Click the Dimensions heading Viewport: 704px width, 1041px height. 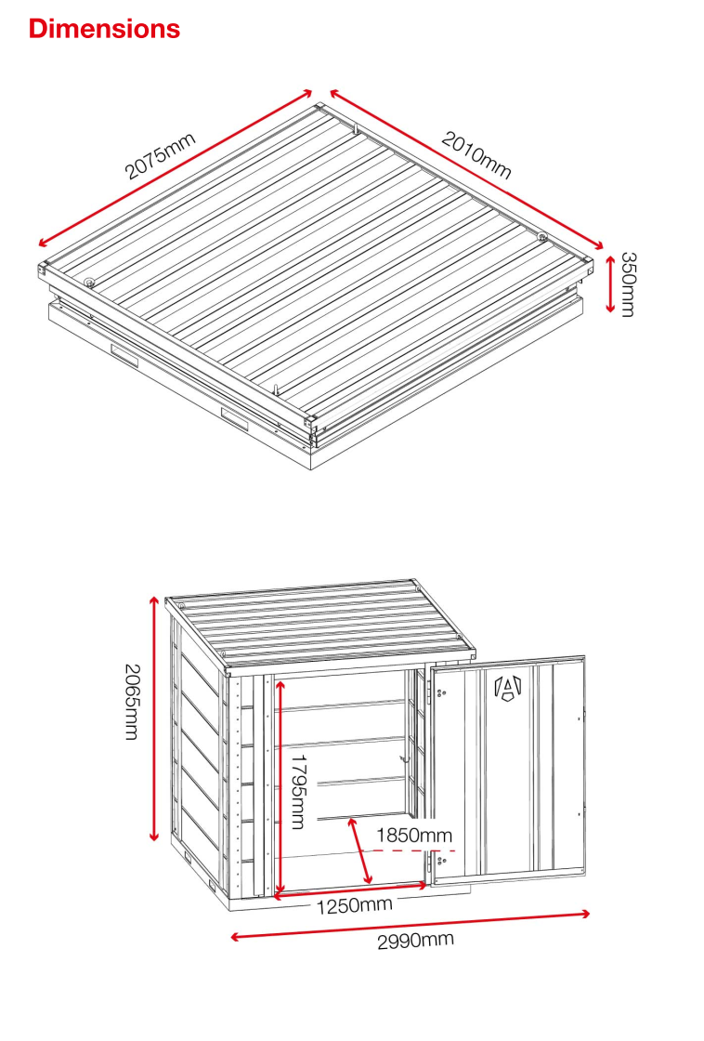(x=104, y=29)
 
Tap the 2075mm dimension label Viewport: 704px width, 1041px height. (x=161, y=156)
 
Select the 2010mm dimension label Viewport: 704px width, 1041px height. (x=476, y=155)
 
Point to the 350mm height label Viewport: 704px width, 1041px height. (x=628, y=284)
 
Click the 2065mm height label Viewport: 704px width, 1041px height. (x=133, y=703)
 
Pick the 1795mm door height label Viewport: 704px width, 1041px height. (x=299, y=791)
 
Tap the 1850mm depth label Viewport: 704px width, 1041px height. (x=414, y=836)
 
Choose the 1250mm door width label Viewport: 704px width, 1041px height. (x=354, y=905)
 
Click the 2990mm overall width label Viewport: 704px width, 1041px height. (x=415, y=940)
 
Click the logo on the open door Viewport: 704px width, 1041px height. (x=508, y=687)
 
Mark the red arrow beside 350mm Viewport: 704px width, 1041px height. (x=610, y=284)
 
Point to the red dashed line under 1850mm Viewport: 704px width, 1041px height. (x=414, y=850)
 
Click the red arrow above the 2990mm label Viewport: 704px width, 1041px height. (x=411, y=926)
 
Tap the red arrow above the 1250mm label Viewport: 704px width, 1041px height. (x=350, y=891)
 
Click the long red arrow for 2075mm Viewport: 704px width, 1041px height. (x=176, y=168)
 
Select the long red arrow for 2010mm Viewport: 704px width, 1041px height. (x=466, y=169)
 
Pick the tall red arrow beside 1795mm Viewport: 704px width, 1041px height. (x=280, y=786)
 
